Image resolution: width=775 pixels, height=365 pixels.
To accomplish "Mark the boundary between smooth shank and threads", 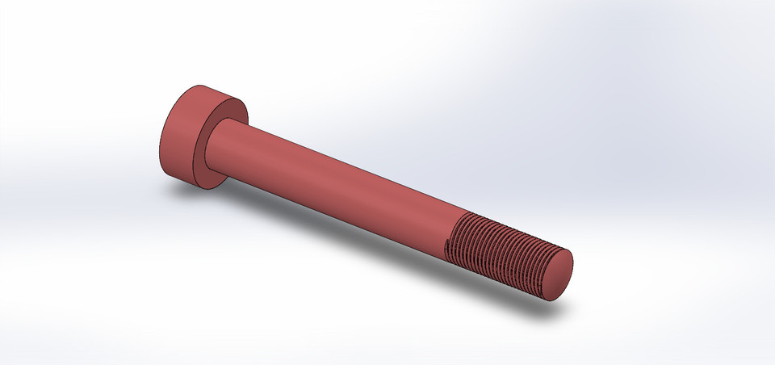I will tap(459, 234).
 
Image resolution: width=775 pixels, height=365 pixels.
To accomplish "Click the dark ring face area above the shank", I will tap(230, 108).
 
